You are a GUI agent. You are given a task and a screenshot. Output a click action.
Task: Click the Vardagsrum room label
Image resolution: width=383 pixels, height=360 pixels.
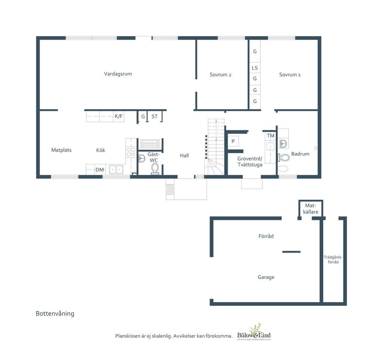(x=118, y=74)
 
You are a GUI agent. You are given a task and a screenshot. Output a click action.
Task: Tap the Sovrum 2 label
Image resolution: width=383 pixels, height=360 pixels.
(x=220, y=74)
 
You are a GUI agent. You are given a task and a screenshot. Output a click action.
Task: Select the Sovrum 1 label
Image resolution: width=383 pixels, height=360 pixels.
(x=290, y=74)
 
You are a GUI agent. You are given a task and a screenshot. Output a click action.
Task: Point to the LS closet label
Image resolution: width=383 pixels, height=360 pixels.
(x=255, y=68)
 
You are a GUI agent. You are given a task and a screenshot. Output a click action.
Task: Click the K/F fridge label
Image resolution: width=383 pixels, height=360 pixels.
(x=119, y=116)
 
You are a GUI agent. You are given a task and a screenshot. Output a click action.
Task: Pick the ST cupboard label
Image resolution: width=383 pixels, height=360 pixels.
(x=154, y=117)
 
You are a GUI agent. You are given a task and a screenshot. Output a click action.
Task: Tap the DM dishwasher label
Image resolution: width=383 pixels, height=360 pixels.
(x=99, y=170)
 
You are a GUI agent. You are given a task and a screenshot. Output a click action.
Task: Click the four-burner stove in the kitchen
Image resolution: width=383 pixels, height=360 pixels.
(x=131, y=152)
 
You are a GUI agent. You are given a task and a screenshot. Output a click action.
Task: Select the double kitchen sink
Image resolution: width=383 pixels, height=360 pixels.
(x=116, y=170)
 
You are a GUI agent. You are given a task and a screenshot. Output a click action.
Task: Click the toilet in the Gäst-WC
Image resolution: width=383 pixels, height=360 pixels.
(x=155, y=169)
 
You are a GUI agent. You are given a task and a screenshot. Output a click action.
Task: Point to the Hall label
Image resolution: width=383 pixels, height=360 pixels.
(x=184, y=155)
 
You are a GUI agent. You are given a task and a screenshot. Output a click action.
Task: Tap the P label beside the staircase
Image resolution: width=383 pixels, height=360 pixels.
(x=233, y=141)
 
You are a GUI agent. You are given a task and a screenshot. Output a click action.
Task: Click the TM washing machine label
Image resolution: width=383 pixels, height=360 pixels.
(x=270, y=135)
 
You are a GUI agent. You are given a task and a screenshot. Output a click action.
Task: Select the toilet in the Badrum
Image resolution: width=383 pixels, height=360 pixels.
(x=284, y=158)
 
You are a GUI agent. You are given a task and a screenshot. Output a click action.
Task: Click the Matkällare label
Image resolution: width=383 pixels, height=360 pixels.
(x=311, y=209)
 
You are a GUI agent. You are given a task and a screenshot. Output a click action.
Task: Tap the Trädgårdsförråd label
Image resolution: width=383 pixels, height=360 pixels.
(x=333, y=260)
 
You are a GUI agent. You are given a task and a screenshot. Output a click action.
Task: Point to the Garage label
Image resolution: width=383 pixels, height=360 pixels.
(x=266, y=277)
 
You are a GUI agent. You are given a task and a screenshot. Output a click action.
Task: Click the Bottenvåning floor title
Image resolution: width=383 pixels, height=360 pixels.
(x=55, y=314)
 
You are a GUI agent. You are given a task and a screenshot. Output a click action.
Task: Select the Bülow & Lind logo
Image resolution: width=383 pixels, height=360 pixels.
(x=254, y=332)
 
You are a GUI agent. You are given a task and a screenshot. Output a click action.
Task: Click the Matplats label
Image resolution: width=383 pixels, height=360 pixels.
(x=61, y=150)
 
